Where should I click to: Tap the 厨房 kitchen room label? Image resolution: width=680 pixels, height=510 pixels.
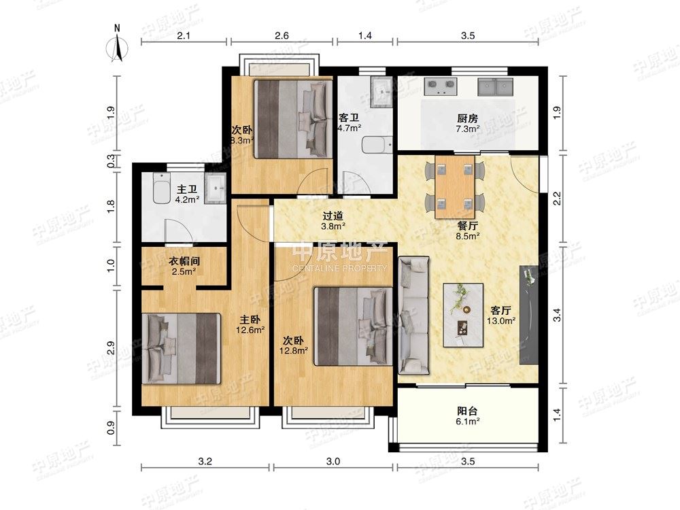468,118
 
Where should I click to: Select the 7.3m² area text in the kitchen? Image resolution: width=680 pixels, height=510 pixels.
468,129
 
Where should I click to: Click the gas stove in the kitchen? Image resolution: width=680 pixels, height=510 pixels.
441,87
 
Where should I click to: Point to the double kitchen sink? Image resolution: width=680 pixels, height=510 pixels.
495,87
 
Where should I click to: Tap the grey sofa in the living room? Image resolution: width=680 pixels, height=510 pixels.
413,316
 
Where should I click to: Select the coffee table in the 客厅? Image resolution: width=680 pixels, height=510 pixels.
463,315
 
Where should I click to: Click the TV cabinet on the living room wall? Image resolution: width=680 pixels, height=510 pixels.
529,315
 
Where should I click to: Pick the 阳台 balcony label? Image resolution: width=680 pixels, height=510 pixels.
468,410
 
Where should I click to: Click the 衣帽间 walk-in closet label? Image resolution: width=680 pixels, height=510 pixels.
184,261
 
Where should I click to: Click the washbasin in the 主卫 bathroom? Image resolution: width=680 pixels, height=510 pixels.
215,188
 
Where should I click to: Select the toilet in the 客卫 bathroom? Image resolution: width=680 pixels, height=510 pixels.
377,145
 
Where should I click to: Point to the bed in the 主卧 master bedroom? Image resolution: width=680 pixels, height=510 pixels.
182,349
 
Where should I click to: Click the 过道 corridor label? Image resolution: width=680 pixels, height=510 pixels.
333,215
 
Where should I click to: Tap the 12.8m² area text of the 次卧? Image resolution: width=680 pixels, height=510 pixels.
294,350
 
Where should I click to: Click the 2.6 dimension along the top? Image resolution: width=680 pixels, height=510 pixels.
282,35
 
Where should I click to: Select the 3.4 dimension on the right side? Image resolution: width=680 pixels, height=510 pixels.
558,315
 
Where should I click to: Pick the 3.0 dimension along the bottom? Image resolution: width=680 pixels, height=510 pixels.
333,462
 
